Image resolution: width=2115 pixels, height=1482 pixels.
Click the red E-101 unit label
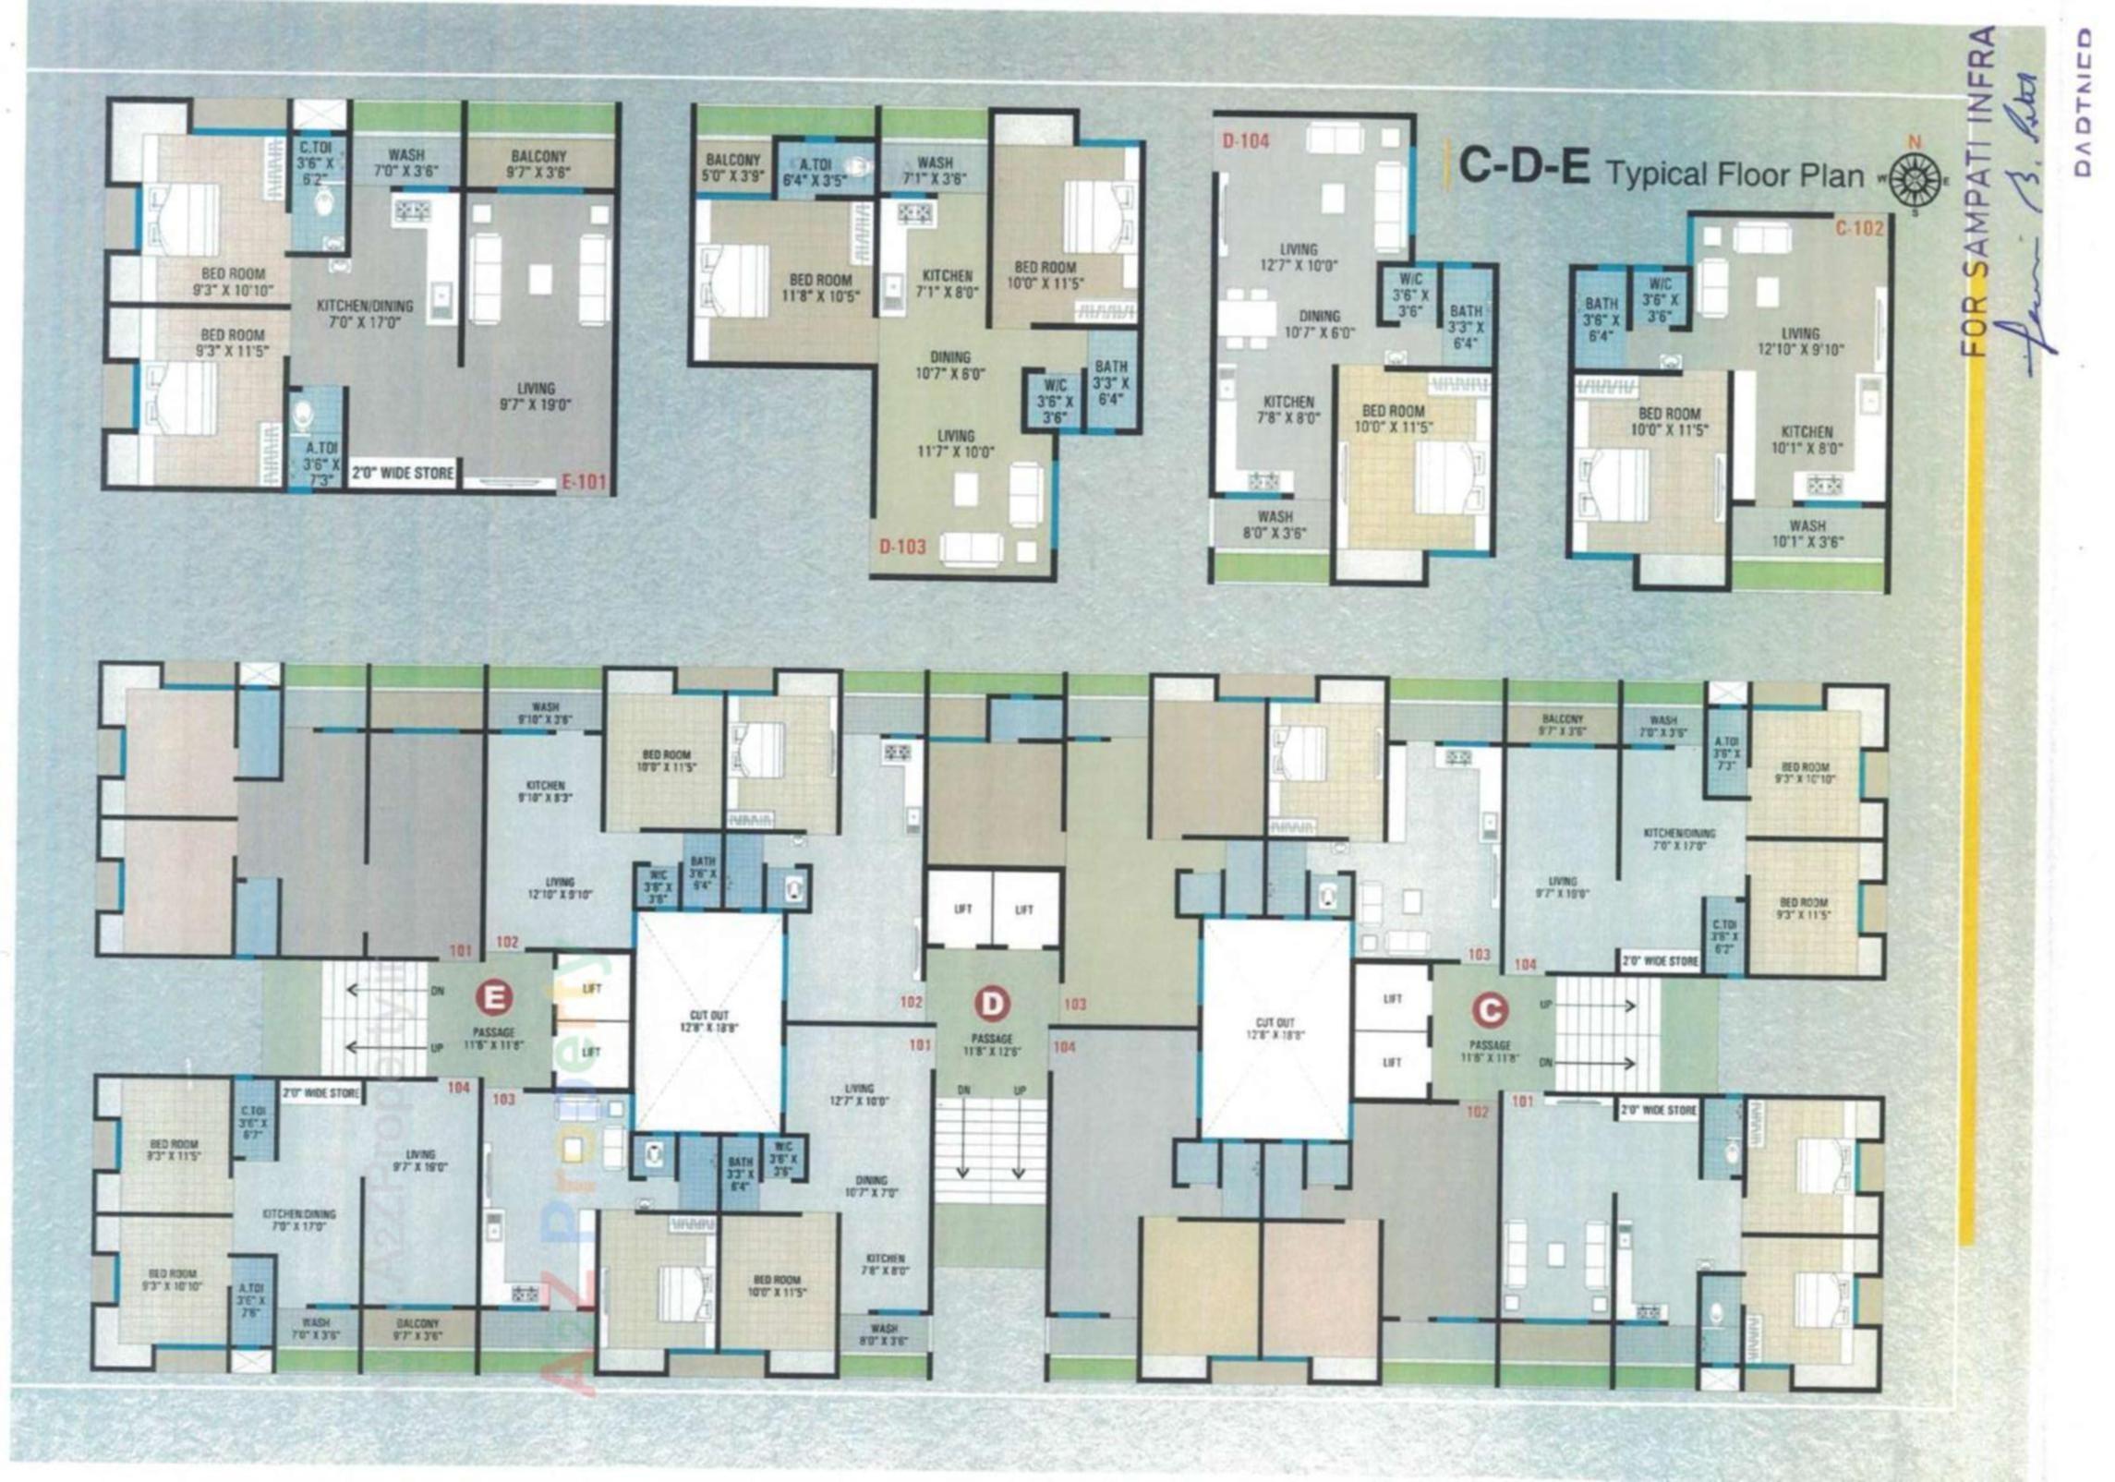(x=586, y=481)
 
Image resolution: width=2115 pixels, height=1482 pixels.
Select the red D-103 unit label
(x=902, y=547)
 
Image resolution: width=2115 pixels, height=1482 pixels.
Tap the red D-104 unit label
(x=1245, y=141)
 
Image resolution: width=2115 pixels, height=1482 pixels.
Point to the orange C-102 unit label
(x=1859, y=228)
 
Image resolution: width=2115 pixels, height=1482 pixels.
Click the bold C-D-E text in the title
(x=1523, y=168)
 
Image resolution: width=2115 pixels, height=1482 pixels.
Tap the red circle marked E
(x=495, y=998)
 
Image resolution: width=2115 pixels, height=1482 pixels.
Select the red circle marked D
(x=993, y=1003)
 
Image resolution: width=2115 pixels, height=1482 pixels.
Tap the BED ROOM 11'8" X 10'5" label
(x=820, y=288)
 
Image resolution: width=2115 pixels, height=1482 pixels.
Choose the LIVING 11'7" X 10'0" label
(x=955, y=444)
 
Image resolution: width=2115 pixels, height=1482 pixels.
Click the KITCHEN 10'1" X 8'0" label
(x=1807, y=440)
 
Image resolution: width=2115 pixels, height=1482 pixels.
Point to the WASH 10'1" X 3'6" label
(x=1807, y=534)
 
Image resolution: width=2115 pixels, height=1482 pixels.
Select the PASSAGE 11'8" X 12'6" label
(x=992, y=1045)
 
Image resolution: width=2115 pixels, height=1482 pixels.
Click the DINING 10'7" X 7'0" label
(x=871, y=1187)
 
